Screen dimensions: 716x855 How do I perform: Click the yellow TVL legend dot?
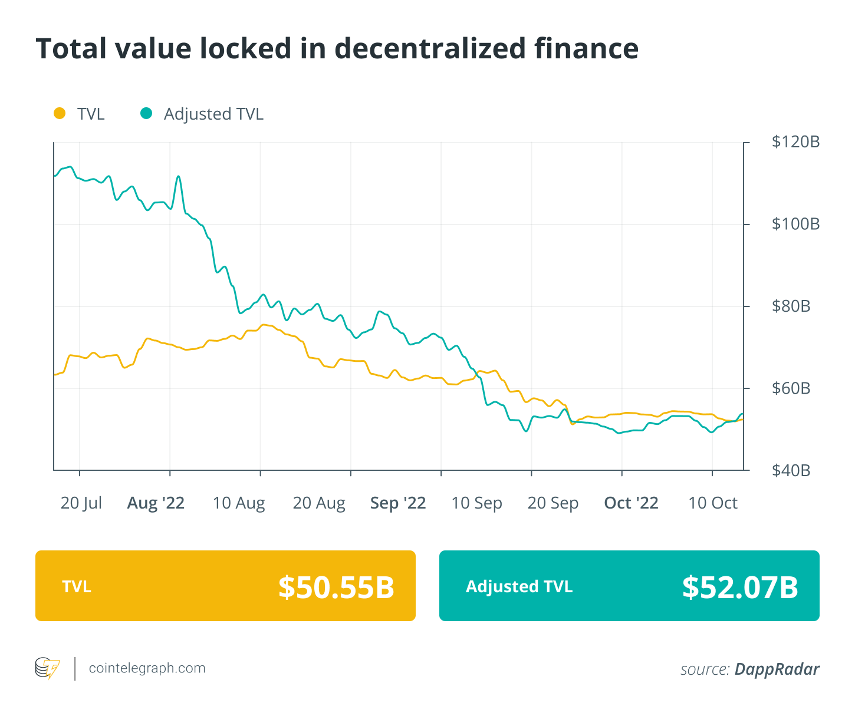point(60,113)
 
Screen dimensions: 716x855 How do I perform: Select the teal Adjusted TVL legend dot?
point(146,113)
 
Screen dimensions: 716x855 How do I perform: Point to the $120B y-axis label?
point(795,142)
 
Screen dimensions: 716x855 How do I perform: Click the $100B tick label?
point(795,224)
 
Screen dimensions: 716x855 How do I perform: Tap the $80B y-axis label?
point(791,306)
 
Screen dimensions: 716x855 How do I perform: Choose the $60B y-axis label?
point(791,388)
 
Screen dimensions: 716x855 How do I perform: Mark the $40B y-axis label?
point(791,470)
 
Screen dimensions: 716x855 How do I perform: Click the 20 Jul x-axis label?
point(81,503)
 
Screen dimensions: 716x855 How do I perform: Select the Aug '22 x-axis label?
point(156,503)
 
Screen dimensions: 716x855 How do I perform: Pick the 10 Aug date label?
point(239,503)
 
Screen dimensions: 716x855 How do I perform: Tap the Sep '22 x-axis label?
point(398,503)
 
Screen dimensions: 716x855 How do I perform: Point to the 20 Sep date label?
point(553,503)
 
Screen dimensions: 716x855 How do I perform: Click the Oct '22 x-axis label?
point(631,503)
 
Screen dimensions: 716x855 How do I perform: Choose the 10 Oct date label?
point(713,503)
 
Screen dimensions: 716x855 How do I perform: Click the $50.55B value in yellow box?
point(336,587)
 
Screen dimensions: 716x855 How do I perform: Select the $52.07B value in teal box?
point(740,587)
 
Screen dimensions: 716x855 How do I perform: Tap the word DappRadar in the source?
point(777,669)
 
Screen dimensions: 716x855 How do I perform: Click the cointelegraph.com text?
point(147,668)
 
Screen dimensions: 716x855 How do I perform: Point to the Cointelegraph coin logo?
point(47,668)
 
